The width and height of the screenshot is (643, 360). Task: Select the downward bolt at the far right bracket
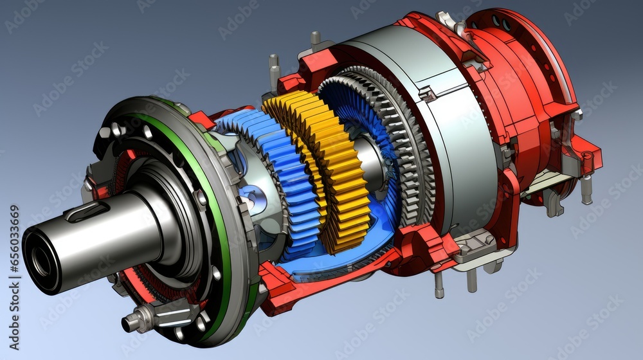click(x=586, y=190)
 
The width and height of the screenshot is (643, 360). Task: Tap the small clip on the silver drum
click(x=428, y=94)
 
